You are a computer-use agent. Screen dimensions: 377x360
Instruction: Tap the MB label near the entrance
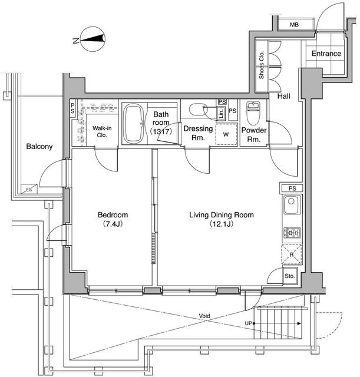pyautogui.click(x=293, y=24)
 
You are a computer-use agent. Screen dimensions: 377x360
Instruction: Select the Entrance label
pyautogui.click(x=326, y=54)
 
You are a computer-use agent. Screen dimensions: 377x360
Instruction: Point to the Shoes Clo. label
pyautogui.click(x=262, y=64)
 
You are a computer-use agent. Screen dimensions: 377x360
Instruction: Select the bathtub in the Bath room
pyautogui.click(x=134, y=124)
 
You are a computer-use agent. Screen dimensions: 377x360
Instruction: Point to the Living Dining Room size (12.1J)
pyautogui.click(x=221, y=225)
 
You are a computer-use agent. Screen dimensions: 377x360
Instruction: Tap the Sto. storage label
pyautogui.click(x=289, y=276)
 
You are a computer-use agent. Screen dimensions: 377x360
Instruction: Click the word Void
pyautogui.click(x=204, y=316)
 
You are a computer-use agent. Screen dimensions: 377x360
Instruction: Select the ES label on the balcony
pyautogui.click(x=28, y=190)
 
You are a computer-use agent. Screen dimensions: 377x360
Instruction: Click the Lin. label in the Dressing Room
pyautogui.click(x=220, y=113)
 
